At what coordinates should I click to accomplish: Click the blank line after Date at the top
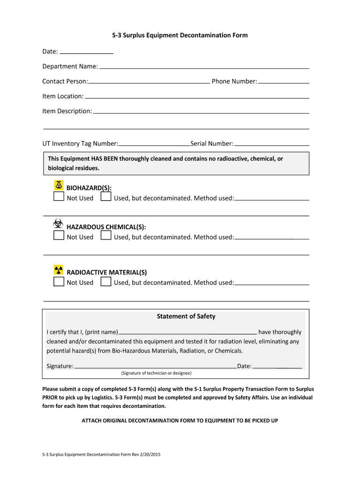(x=87, y=52)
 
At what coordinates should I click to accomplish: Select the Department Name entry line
(x=204, y=67)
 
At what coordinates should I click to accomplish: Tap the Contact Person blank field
(x=149, y=82)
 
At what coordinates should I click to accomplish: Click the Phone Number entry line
(x=284, y=82)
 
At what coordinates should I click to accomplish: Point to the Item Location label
(x=63, y=96)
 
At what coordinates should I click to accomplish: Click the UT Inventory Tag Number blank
(x=154, y=144)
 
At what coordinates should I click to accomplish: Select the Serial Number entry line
(x=272, y=144)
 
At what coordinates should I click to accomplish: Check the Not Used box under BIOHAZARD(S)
(x=58, y=197)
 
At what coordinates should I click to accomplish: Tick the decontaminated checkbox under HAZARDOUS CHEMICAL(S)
(x=106, y=236)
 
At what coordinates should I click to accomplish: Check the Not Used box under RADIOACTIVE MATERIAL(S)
(x=58, y=282)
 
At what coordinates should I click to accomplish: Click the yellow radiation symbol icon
(x=58, y=270)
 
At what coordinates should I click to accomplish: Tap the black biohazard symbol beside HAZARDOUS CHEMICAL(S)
(x=58, y=223)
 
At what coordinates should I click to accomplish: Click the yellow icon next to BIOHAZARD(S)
(x=58, y=184)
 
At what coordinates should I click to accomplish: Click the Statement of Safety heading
(x=186, y=317)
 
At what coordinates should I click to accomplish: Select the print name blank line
(x=187, y=333)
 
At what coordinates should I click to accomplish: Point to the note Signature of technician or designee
(x=156, y=373)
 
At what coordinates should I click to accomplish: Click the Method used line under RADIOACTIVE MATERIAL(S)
(x=272, y=283)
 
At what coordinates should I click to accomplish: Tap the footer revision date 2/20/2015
(x=147, y=455)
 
